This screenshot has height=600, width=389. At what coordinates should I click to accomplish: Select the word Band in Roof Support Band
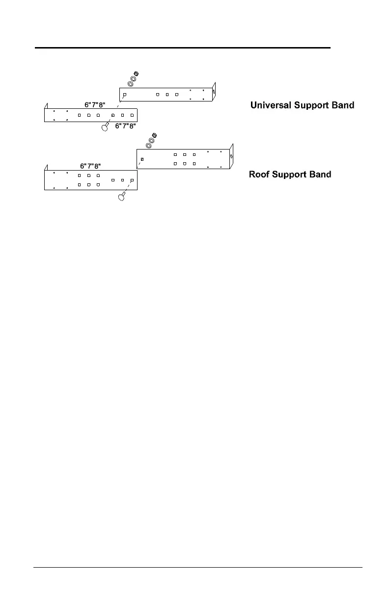[x=319, y=175]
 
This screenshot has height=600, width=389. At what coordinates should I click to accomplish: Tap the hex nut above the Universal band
[x=137, y=74]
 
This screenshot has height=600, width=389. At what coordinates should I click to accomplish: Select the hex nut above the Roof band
[x=154, y=135]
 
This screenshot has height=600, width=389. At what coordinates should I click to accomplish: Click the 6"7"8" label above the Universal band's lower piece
[x=95, y=104]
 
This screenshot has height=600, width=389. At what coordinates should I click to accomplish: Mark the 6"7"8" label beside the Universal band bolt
[x=125, y=126]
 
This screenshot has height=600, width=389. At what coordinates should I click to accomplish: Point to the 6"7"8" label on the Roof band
[x=91, y=166]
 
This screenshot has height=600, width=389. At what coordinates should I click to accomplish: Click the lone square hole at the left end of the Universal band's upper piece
[x=125, y=94]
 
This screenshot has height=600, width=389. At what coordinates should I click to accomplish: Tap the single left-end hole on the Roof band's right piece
[x=142, y=159]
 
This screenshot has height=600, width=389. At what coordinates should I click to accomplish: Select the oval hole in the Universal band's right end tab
[x=213, y=91]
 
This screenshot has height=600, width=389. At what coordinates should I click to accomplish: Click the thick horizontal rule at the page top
[x=182, y=48]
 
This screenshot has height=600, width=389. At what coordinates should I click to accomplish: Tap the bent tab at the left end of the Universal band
[x=45, y=106]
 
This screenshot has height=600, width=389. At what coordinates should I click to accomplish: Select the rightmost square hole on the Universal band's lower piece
[x=132, y=115]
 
